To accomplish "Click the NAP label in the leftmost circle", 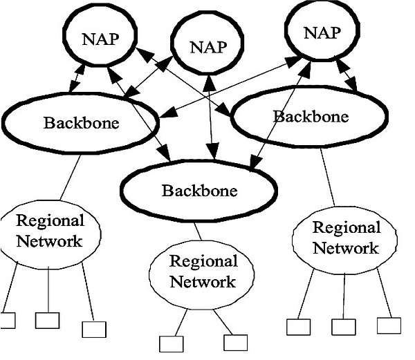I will coord(101,39).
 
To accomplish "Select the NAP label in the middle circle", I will coord(208,47).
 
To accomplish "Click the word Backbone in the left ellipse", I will coord(81,124).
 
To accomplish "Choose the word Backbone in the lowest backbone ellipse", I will coord(199,190).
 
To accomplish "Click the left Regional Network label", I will coord(49,231).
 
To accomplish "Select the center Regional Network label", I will coord(203,272).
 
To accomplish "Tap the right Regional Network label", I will coord(346,237).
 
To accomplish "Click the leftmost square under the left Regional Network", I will coord(7,321).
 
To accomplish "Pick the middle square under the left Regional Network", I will coord(47,320).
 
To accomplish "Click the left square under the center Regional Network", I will coord(169,343).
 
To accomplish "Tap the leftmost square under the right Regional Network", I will coord(297,327).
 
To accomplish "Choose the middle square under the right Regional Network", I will coord(343,327).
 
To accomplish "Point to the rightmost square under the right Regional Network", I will coord(389,325).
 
